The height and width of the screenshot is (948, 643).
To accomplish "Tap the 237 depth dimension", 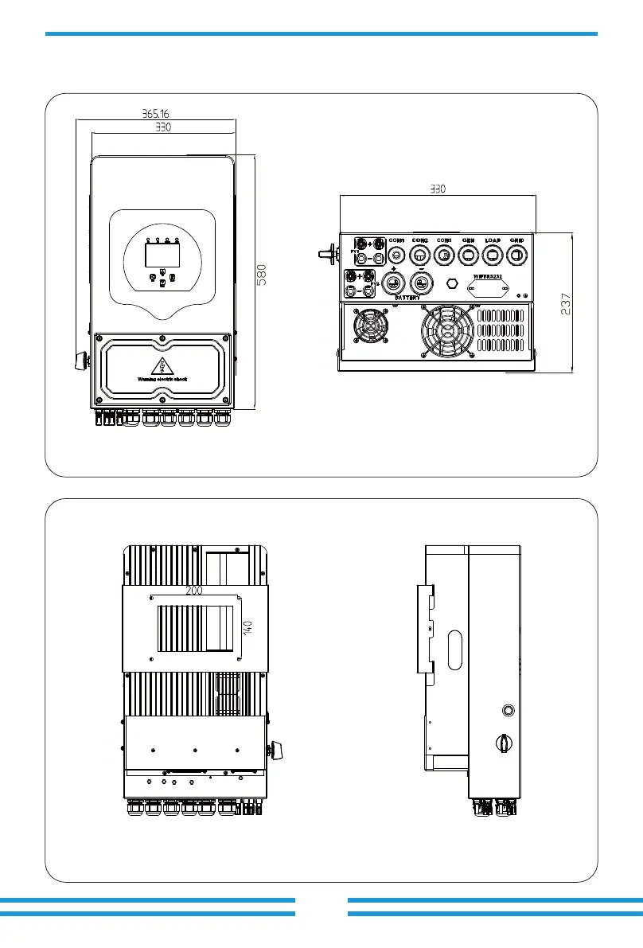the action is (x=566, y=302).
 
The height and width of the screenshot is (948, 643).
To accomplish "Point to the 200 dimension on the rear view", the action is (x=193, y=591).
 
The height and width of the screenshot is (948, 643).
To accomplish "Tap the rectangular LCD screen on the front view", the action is (x=162, y=255).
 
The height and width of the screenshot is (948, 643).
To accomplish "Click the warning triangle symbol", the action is (x=163, y=365).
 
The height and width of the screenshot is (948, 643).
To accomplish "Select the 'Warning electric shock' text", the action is (x=163, y=378).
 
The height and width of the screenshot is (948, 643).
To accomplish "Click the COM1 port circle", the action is (x=396, y=255).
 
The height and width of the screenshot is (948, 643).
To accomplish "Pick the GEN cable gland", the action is (x=469, y=255).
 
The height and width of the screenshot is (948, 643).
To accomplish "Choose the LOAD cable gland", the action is (x=493, y=255).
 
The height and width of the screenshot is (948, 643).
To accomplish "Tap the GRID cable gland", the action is (x=517, y=255).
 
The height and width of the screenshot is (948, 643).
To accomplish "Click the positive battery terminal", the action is (x=392, y=283).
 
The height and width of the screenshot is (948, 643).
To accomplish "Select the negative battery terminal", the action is (x=423, y=283).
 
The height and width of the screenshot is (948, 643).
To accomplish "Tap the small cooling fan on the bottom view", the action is (x=369, y=327).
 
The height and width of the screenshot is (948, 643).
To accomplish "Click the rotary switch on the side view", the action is (x=504, y=743).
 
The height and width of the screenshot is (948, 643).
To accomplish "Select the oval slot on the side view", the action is (x=454, y=650).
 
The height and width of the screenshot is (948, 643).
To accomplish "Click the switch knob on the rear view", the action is (x=276, y=747).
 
